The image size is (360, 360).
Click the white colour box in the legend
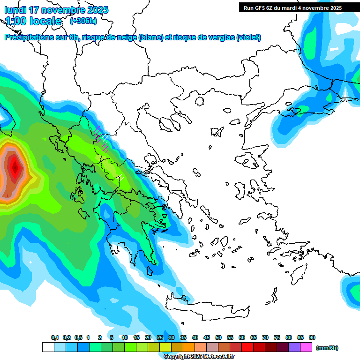tap(48, 347)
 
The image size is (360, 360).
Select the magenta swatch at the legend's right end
tap(306, 347)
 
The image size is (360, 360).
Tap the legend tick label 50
tap(218, 337)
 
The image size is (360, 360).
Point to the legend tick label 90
tap(312, 337)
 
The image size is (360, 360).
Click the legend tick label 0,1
tap(55, 337)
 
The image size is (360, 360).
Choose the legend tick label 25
tap(160, 337)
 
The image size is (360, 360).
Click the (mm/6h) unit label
tap(327, 348)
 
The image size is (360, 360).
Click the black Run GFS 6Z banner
tap(292, 7)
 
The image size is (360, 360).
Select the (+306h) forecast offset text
tap(83, 21)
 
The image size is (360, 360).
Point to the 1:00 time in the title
tap(16, 21)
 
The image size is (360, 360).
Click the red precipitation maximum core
tap(15, 166)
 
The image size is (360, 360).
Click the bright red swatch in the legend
tap(247, 347)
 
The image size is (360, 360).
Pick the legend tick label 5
tap(112, 337)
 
